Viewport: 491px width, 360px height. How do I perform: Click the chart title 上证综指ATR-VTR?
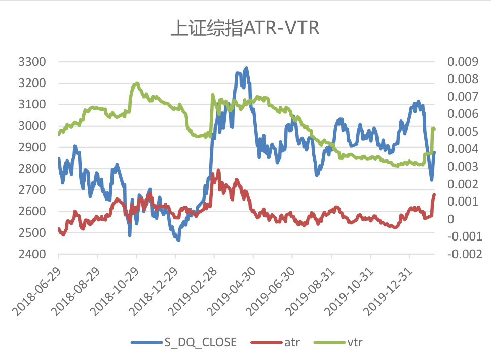pos(245,29)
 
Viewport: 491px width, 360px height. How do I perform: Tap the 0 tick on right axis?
pos(450,219)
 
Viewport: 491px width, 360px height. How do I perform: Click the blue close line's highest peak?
pos(246,68)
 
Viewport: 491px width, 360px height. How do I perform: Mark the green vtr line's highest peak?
pos(137,83)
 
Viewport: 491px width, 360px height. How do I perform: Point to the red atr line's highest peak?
pos(219,170)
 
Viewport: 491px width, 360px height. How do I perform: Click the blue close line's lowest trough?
pos(178,240)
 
